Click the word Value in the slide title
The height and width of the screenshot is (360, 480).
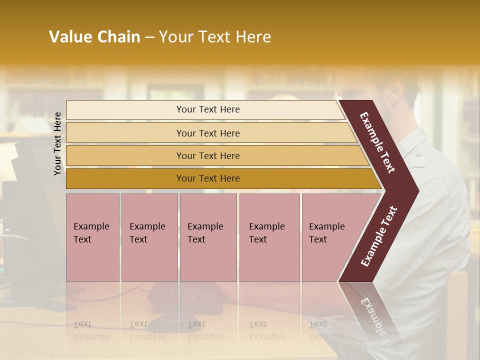point(69,37)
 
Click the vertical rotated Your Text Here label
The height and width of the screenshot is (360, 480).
point(57,143)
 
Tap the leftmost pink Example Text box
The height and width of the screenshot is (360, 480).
point(92,237)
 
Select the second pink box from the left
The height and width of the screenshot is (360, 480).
point(149,237)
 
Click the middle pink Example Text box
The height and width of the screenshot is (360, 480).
point(208,237)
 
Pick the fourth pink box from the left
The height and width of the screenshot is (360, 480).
point(269,237)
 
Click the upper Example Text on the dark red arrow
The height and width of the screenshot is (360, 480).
point(378,142)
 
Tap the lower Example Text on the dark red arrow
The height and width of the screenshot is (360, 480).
point(379,236)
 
